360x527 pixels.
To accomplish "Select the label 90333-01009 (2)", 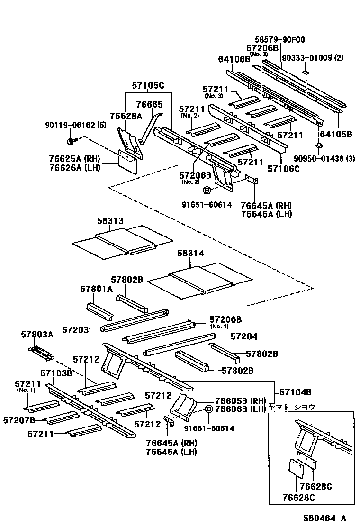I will [x=313, y=58].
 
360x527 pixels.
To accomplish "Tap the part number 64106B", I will [x=234, y=59].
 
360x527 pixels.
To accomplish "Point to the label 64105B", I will [x=335, y=134].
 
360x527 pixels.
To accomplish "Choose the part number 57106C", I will [x=283, y=168].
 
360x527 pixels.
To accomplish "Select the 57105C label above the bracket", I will [x=147, y=86].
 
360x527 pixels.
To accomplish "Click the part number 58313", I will [x=110, y=221].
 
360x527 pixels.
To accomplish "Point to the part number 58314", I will [x=190, y=254].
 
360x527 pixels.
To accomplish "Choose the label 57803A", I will [x=37, y=335].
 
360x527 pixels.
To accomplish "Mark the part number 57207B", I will [x=19, y=420].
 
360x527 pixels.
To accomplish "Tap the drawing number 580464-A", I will [x=324, y=518].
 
